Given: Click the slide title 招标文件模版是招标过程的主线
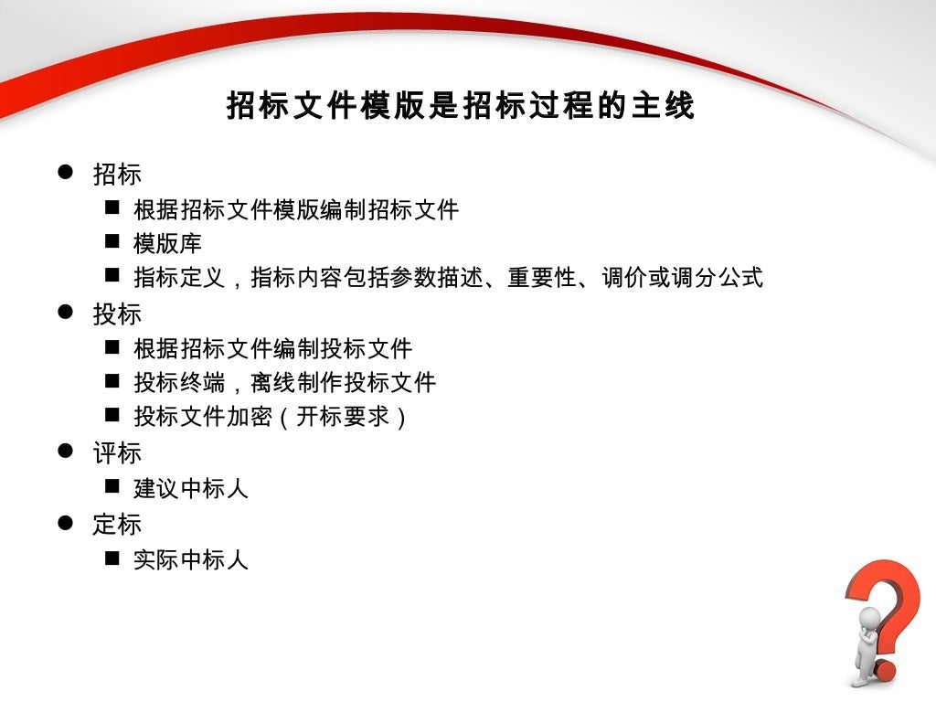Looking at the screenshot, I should (461, 106).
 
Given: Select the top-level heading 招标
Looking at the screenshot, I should (117, 174).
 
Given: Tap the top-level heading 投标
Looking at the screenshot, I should (117, 314).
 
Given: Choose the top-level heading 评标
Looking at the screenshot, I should (117, 453).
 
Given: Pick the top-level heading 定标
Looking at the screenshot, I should (117, 525).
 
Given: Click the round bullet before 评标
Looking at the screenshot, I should (65, 451).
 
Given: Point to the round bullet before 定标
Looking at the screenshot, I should (65, 522).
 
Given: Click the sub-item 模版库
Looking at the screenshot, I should (167, 244).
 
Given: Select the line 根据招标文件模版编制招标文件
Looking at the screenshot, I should (295, 210).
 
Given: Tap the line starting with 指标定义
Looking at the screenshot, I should (448, 278).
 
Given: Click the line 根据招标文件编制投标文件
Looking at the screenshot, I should (272, 348).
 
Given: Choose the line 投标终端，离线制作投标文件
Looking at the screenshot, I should (284, 383).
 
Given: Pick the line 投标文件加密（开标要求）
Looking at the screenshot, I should (271, 418).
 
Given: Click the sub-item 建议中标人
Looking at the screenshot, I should (190, 489).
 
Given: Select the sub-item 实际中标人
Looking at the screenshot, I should (190, 559).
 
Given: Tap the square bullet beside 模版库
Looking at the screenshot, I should (112, 242).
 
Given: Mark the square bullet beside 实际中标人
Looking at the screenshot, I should (112, 558).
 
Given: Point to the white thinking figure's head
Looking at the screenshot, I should (869, 619).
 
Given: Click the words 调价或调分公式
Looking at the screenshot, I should (682, 278).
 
